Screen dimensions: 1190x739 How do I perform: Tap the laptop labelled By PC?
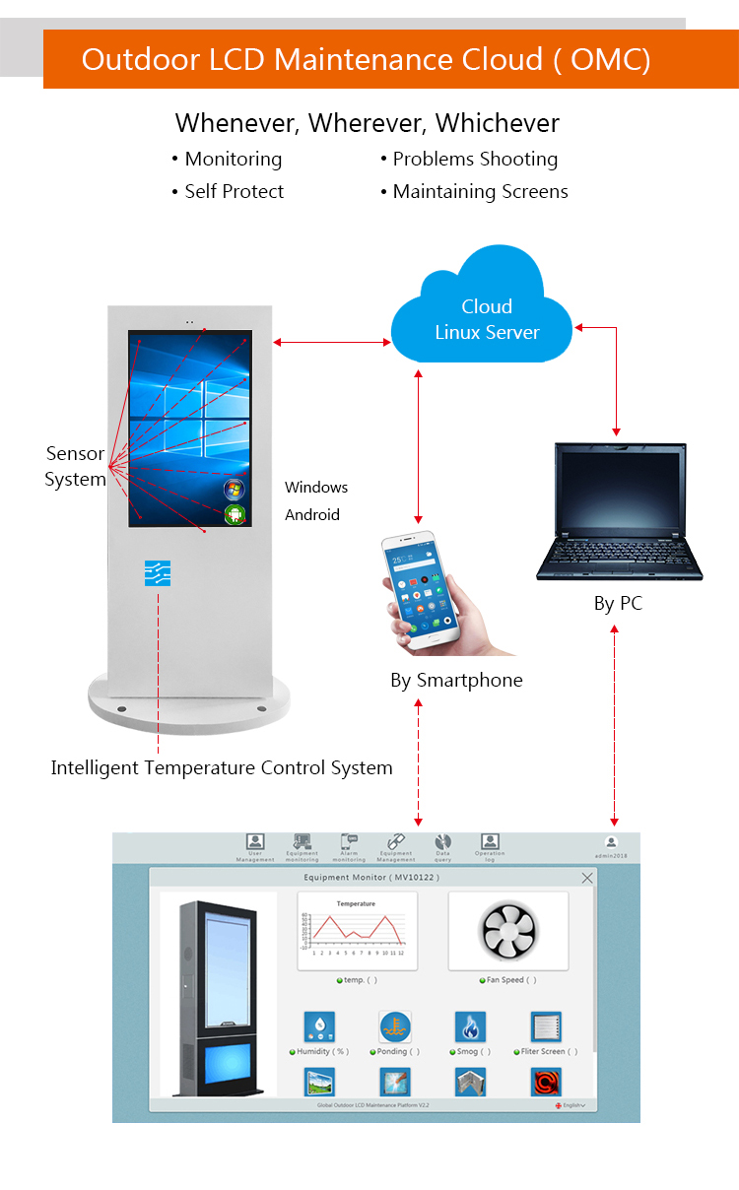pos(618,512)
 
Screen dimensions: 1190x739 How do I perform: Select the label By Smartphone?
pos(456,681)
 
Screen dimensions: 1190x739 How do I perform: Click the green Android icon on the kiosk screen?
pos(235,513)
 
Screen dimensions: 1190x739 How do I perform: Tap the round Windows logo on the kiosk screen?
pos(235,489)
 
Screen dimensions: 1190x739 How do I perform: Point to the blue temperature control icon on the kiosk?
pos(158,573)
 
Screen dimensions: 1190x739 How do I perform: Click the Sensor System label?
pos(75,467)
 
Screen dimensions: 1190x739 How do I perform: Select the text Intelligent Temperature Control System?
pos(222,768)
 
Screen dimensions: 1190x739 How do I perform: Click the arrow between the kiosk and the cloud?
pos(332,342)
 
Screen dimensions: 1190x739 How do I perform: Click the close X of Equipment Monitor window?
pos(587,878)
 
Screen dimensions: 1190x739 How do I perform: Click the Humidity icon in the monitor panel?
pos(319,1026)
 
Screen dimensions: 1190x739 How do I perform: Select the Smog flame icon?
pos(470,1026)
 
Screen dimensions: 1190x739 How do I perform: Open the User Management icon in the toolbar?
pos(255,842)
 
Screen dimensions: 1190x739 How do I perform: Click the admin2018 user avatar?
pos(611,842)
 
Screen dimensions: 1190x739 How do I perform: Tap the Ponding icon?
pos(394,1026)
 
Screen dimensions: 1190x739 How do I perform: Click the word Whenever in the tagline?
pos(236,123)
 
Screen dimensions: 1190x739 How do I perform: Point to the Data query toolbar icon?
pos(442,842)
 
